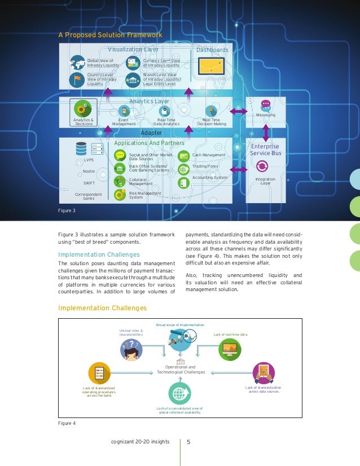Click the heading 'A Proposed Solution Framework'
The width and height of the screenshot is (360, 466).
click(x=111, y=35)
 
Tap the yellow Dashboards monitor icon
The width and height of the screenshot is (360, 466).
click(x=212, y=68)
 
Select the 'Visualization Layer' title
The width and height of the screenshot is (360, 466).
click(x=133, y=50)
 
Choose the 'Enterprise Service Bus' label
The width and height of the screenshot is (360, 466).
click(x=265, y=150)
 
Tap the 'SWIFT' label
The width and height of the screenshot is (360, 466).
click(x=89, y=183)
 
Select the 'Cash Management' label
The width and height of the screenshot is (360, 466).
click(x=208, y=155)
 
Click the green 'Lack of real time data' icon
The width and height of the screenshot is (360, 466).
click(x=230, y=350)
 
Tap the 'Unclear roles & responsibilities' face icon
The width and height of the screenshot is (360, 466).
click(x=131, y=350)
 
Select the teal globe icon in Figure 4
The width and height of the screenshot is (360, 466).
click(x=181, y=393)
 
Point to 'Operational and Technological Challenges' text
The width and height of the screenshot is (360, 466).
click(x=181, y=370)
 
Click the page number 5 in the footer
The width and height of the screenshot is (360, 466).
click(x=189, y=442)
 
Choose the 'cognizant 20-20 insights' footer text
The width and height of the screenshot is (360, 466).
click(x=141, y=442)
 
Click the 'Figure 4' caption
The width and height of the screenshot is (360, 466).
click(x=67, y=423)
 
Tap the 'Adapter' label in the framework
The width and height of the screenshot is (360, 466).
click(x=151, y=133)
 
